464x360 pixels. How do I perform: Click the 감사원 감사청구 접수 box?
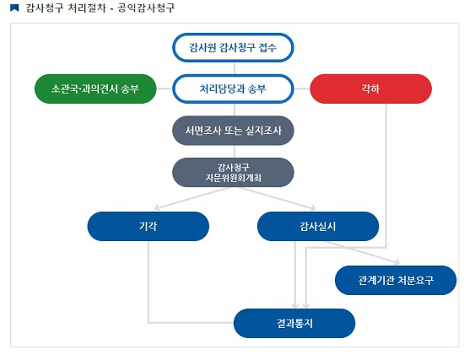tap(233, 47)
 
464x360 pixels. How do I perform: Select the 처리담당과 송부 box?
tap(233, 89)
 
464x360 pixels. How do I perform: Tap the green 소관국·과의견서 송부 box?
tap(95, 89)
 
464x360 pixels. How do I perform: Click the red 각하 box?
tap(371, 89)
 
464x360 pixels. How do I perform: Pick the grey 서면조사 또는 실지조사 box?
tap(233, 131)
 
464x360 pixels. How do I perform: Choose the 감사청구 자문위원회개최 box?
tap(233, 172)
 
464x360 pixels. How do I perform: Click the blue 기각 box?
tap(148, 226)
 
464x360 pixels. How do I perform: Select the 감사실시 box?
tap(318, 226)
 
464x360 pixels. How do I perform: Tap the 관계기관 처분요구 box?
tap(396, 280)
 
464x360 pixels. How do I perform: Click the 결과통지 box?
tap(294, 323)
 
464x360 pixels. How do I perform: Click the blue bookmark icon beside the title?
tap(14, 8)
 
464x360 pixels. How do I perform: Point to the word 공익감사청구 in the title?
tap(146, 8)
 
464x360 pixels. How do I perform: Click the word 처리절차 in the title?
tap(87, 8)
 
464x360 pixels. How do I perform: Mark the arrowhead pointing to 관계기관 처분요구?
tap(397, 261)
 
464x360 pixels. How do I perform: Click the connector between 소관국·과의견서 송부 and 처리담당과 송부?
tap(165, 89)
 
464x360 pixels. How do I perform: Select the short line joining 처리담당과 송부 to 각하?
tap(302, 89)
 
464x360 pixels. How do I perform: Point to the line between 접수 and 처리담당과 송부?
tap(235, 68)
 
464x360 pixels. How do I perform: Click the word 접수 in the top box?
tap(267, 47)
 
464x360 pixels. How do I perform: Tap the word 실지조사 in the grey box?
tap(263, 131)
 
